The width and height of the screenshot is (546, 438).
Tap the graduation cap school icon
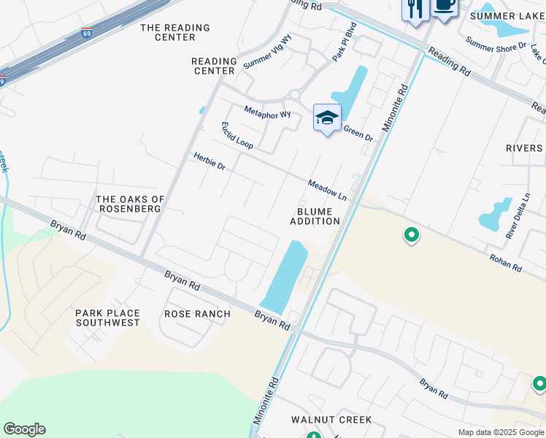tap(327, 118)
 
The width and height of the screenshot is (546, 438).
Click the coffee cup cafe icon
tap(443, 7)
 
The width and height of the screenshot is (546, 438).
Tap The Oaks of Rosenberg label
tap(131, 204)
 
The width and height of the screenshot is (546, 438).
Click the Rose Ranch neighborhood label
tap(197, 314)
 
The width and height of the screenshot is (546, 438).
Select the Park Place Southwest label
tap(107, 318)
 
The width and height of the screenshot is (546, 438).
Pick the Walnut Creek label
tap(331, 420)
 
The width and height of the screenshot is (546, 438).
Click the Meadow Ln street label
tap(327, 190)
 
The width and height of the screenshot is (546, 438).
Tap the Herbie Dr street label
tap(209, 161)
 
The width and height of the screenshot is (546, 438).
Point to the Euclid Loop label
tap(237, 135)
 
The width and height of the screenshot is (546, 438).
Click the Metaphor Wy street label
tap(267, 113)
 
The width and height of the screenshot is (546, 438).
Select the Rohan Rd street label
tap(506, 263)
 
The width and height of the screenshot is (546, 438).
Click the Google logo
tap(24, 429)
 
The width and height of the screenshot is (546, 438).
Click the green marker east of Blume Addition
tap(412, 235)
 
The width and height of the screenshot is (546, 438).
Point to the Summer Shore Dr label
tap(496, 46)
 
